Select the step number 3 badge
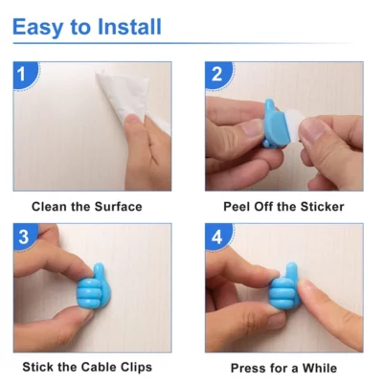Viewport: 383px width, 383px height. click(26, 237)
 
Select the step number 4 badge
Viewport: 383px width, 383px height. click(217, 237)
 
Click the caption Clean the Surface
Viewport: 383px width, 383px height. click(86, 206)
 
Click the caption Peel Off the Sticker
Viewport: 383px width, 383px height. click(283, 206)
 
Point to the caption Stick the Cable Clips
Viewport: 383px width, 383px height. click(87, 367)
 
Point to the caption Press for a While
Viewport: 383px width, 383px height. click(283, 368)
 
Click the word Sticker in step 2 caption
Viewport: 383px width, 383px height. click(321, 206)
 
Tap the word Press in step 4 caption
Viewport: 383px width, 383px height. click(250, 368)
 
